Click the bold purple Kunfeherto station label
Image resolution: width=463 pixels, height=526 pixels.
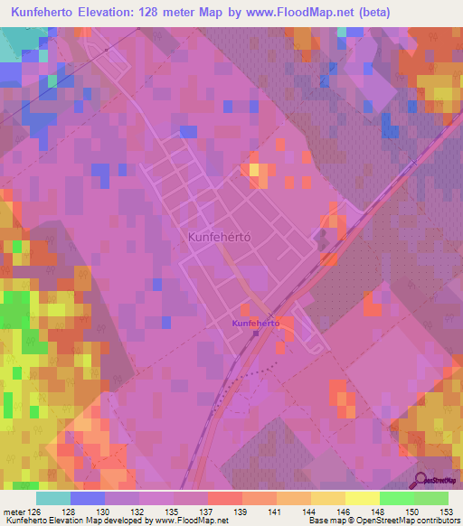(255, 322)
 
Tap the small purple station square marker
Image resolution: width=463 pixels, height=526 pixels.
(256, 333)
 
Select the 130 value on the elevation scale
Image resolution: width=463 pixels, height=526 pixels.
(105, 511)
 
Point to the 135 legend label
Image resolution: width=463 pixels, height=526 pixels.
(174, 511)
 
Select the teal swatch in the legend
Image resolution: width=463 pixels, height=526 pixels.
(52, 497)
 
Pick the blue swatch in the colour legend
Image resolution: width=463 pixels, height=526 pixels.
(87, 497)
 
